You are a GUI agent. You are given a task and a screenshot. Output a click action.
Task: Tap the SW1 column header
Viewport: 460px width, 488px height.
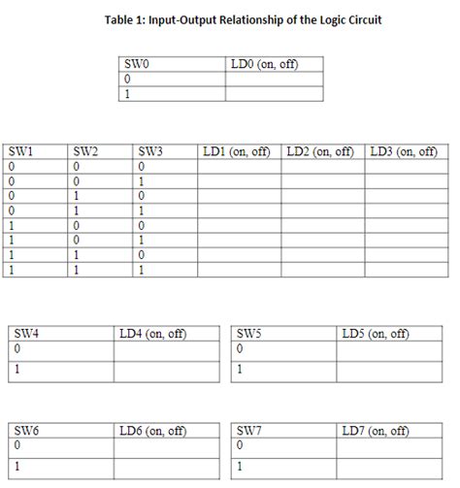[20, 152]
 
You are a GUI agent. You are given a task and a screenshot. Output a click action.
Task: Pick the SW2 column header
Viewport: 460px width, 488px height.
[85, 152]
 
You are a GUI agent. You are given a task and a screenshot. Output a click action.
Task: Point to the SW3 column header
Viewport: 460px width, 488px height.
[150, 152]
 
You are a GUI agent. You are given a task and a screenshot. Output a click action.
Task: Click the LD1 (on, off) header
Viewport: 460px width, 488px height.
[239, 152]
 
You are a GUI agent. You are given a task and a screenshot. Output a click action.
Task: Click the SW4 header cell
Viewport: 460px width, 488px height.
[27, 333]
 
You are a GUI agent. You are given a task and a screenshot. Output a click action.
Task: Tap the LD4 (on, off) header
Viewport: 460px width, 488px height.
[152, 333]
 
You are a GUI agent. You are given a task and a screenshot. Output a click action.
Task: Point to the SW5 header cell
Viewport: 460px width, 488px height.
[250, 333]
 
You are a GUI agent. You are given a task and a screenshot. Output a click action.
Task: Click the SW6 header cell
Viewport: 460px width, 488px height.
[27, 430]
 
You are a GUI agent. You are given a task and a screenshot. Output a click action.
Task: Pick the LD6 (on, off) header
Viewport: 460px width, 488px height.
[152, 430]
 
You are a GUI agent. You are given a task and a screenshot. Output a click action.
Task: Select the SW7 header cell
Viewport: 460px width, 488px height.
[250, 430]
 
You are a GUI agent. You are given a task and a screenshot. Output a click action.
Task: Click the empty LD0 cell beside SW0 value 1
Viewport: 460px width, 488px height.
[275, 94]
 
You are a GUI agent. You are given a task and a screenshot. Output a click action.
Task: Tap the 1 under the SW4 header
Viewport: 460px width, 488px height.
[16, 370]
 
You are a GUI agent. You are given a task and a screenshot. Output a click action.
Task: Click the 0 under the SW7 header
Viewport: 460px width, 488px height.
[240, 445]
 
